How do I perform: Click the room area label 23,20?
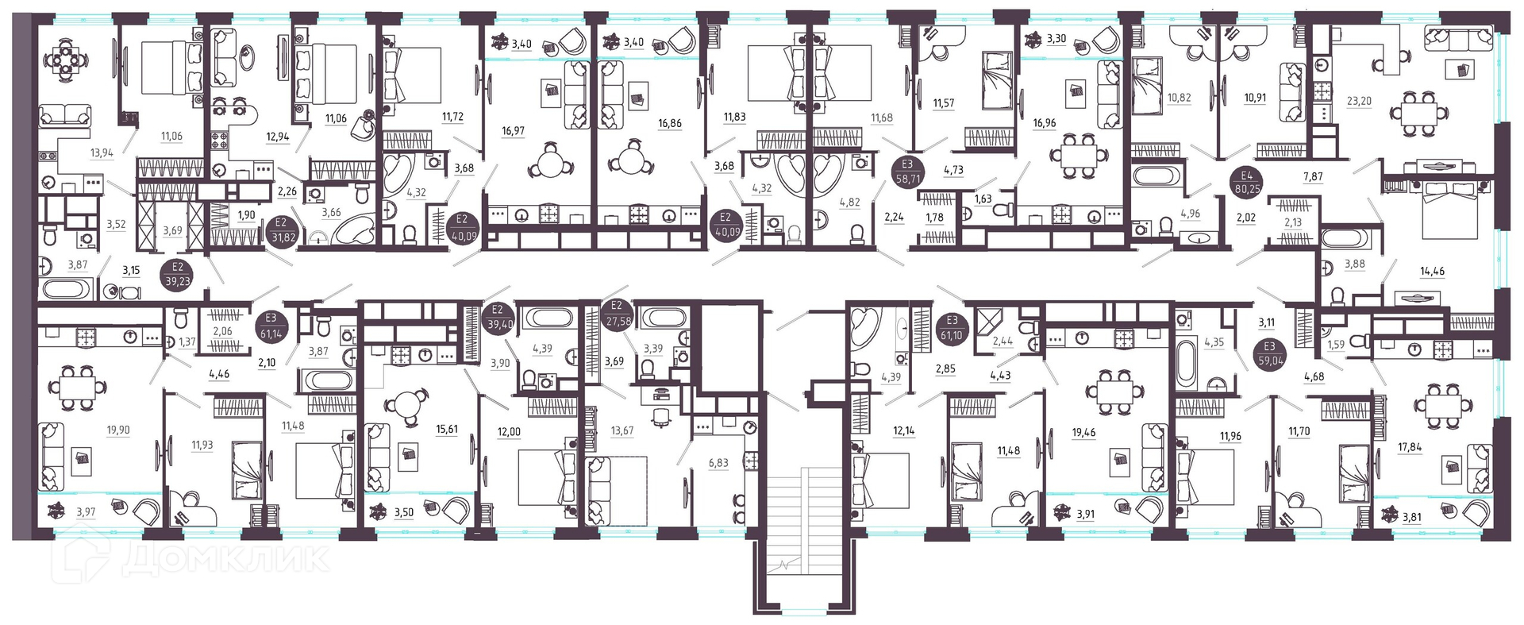pos(1359,101)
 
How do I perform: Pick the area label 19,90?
pos(118,430)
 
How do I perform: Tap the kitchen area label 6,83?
pos(718,463)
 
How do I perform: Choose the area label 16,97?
pos(514,131)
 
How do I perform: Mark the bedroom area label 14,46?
pos(1432,271)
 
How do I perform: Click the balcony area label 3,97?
pos(85,512)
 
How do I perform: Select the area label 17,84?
pos(1410,447)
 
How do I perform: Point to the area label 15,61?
pos(447,429)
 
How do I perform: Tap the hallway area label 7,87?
pos(1313,176)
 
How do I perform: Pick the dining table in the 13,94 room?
pos(67,57)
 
